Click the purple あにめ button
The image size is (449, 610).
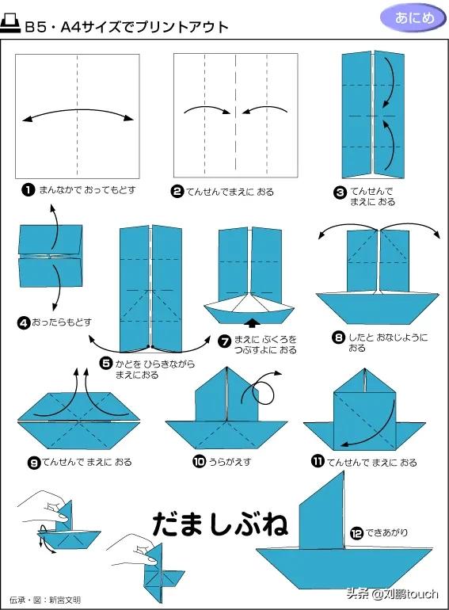(413, 18)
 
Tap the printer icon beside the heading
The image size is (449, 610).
(10, 23)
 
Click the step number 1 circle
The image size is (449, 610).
(29, 190)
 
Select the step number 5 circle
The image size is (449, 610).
(106, 364)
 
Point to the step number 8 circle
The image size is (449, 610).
(338, 337)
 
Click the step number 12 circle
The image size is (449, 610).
(356, 533)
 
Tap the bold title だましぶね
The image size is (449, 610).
(220, 524)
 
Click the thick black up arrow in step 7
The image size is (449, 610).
(253, 323)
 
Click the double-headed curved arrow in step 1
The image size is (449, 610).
(78, 110)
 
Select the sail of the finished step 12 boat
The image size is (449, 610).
(322, 509)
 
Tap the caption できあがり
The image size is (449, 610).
(386, 532)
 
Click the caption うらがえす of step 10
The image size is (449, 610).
(230, 462)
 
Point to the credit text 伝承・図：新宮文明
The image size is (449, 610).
(45, 600)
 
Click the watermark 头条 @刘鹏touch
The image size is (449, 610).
(393, 593)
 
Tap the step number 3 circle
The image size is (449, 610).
(341, 193)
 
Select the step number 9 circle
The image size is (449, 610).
(34, 463)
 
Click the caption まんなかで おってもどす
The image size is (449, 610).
(87, 190)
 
